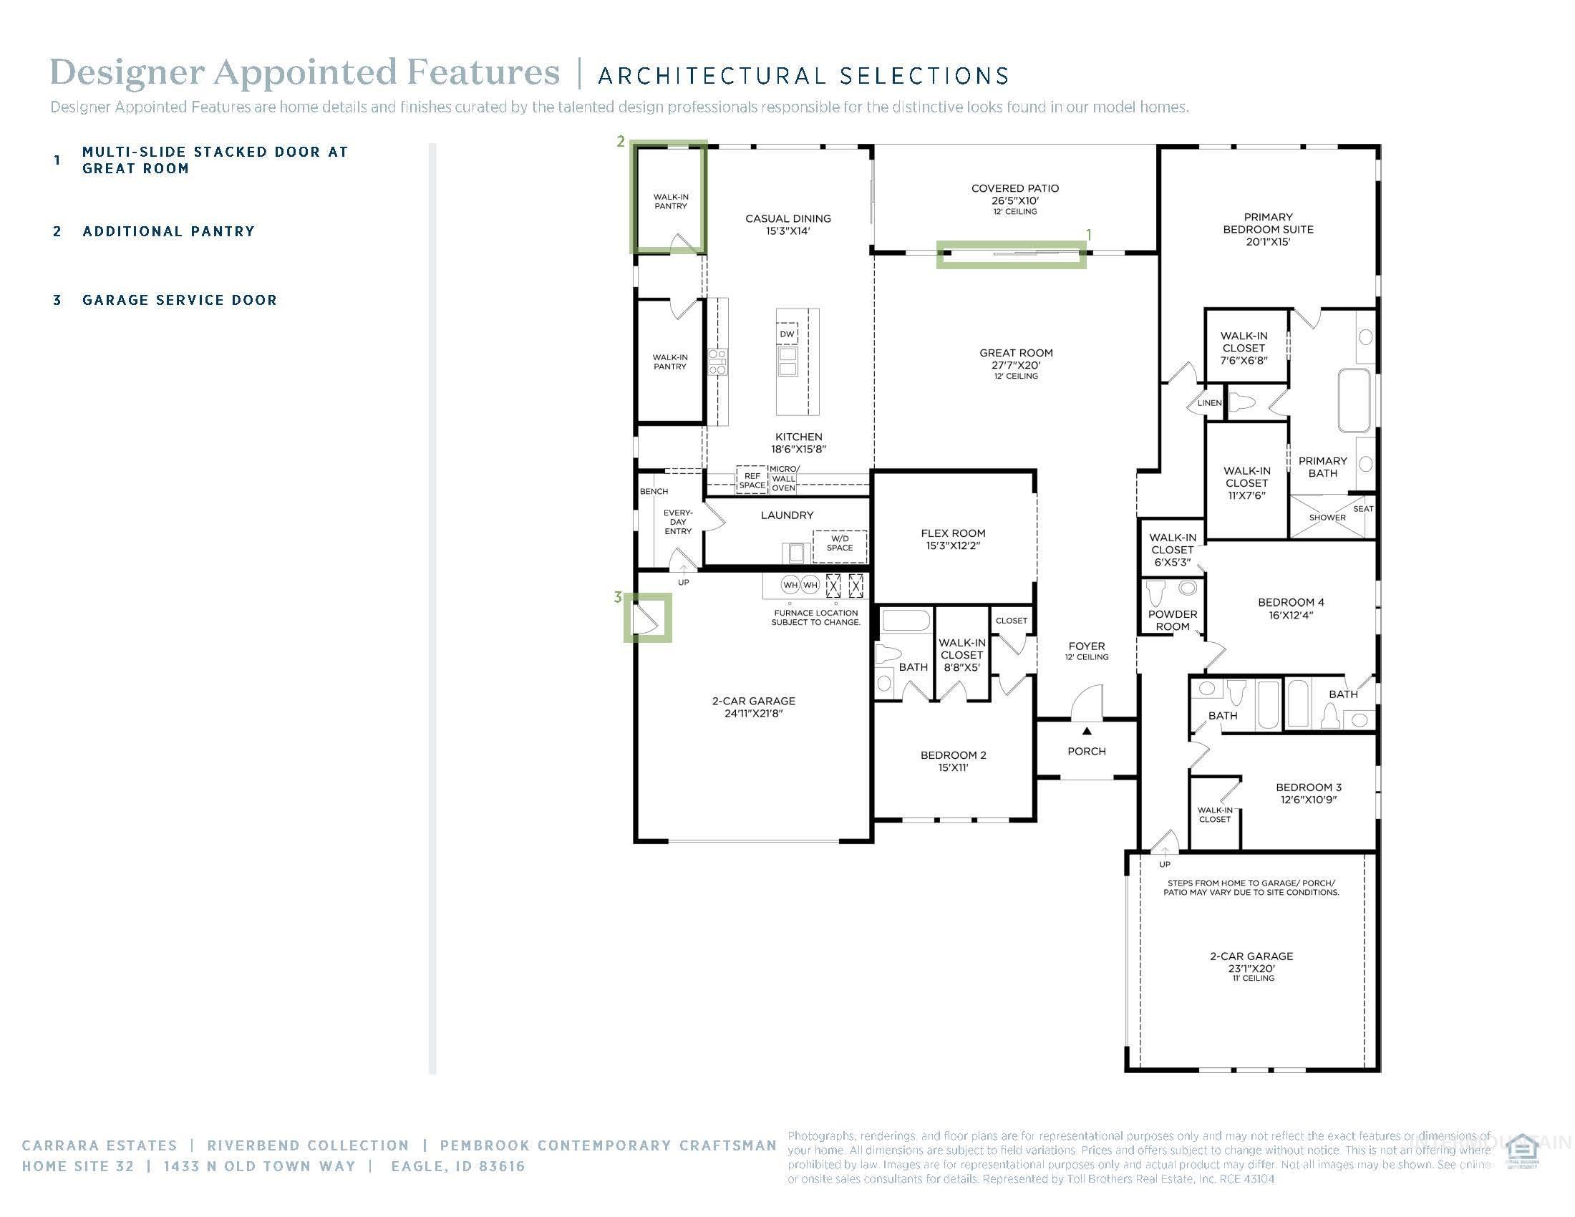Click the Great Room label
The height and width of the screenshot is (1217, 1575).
1015,353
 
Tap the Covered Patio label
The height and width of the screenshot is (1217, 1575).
1014,189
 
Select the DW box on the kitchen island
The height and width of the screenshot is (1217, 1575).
787,334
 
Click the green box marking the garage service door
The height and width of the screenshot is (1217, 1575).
648,618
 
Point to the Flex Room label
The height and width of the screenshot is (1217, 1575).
953,533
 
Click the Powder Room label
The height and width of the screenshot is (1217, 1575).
1172,620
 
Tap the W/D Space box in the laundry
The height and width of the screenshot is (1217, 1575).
840,543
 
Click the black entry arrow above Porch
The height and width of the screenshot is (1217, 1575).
1087,731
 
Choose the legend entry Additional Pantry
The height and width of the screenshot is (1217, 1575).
169,231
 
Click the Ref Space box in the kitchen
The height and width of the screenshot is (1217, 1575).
752,480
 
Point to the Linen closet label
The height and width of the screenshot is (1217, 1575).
1209,403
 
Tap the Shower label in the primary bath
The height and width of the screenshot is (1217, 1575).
1327,518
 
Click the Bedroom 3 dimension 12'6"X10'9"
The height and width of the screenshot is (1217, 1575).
1308,800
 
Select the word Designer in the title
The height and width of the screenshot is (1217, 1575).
127,73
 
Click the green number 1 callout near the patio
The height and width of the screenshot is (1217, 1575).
1088,236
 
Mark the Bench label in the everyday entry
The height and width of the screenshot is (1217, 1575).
654,492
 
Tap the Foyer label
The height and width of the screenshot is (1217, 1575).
1086,646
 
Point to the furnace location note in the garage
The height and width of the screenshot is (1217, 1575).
815,617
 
